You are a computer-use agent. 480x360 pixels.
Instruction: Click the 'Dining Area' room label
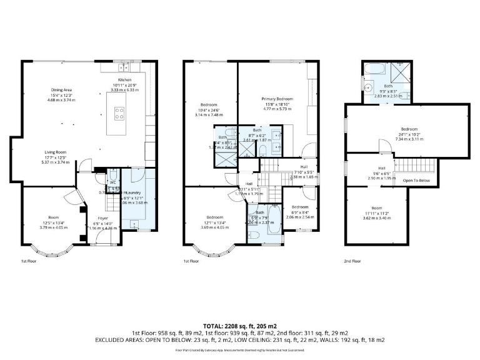[61, 90]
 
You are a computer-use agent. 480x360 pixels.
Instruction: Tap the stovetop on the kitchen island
[119, 114]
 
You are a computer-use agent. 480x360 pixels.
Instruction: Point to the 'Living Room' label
[56, 151]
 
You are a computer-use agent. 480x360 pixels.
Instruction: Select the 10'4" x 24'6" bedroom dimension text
[208, 110]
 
